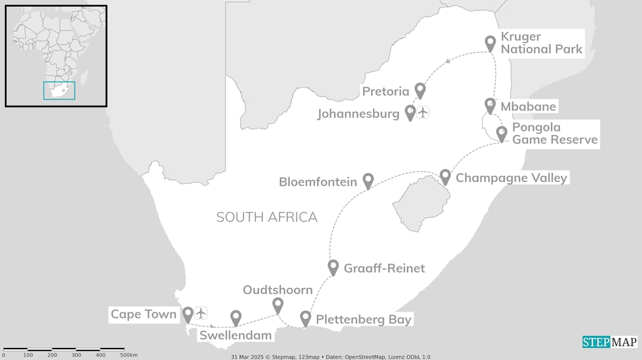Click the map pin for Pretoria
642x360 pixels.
(x=420, y=90)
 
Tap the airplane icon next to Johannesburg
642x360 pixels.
(x=423, y=112)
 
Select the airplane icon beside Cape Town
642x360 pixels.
(x=201, y=313)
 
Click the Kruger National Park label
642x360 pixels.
(x=541, y=43)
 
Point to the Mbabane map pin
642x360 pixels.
(x=490, y=105)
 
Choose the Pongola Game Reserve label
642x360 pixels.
(x=554, y=133)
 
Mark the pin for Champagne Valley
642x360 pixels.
(x=445, y=176)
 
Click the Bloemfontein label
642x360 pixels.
(x=318, y=182)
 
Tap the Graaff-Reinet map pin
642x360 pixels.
(x=333, y=267)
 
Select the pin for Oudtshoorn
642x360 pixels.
(x=277, y=304)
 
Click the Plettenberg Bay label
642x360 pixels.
(x=363, y=319)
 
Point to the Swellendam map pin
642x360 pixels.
(x=236, y=317)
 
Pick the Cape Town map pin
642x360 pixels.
(x=188, y=314)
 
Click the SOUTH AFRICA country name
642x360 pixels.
(x=266, y=217)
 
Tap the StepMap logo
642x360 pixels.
(x=609, y=342)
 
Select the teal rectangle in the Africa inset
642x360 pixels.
(x=59, y=91)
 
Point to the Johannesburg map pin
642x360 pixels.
(x=410, y=112)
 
